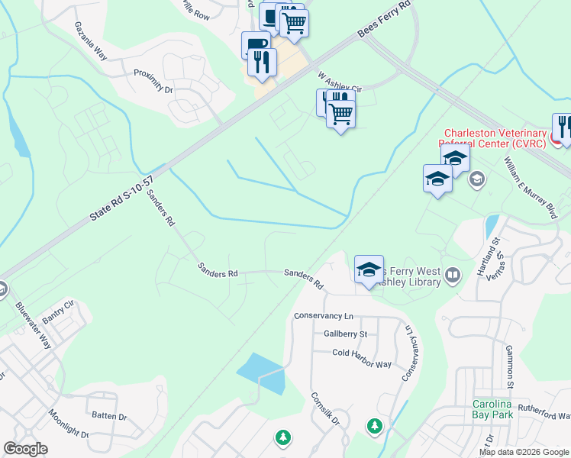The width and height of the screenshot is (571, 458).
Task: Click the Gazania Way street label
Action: [x=91, y=45]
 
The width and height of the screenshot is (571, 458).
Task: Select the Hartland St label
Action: [x=493, y=253]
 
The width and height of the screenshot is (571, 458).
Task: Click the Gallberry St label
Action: [x=345, y=334]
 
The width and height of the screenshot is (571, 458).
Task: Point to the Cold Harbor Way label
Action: [x=362, y=353]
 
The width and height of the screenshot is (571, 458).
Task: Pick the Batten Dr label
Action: [x=109, y=416]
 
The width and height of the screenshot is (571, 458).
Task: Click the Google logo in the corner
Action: [x=25, y=449]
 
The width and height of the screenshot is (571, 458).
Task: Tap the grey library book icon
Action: [x=453, y=274]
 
